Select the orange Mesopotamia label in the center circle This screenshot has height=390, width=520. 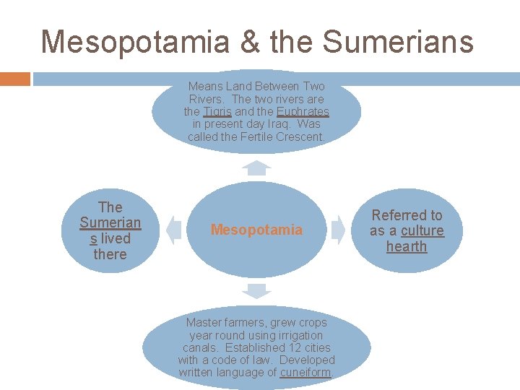click(x=256, y=230)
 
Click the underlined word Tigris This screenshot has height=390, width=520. click(x=217, y=112)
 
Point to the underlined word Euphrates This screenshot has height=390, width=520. click(x=303, y=112)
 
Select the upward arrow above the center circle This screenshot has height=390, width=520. click(x=256, y=168)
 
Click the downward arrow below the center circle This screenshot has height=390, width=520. click(x=256, y=291)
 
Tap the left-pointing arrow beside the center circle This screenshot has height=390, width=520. click(x=173, y=230)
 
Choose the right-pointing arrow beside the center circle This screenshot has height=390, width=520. click(x=339, y=230)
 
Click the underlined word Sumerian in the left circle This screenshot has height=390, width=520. click(x=110, y=222)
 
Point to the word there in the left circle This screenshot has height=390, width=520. click(x=110, y=254)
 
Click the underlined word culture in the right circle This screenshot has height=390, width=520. click(x=422, y=230)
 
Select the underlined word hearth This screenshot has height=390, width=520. click(x=407, y=246)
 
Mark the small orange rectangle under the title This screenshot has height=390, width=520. click(x=15, y=79)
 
